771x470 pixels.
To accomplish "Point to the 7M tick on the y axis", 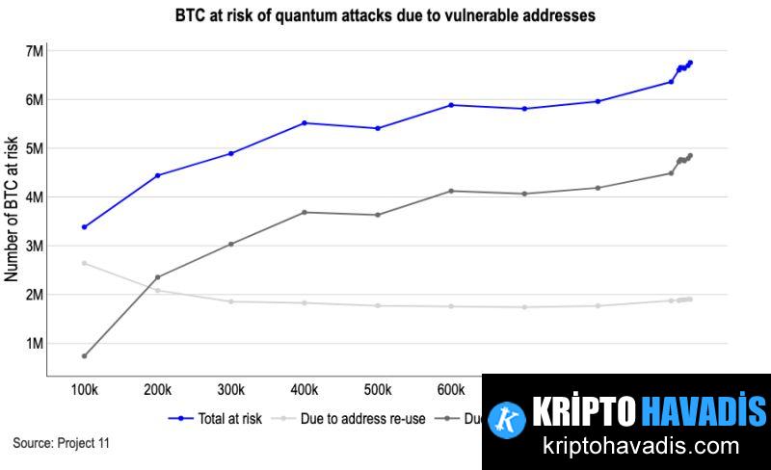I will pos(33,50).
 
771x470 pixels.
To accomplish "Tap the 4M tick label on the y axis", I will pos(33,196).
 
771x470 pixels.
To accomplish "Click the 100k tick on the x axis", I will pos(85,390).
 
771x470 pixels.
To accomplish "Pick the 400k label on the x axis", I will pos(305,390).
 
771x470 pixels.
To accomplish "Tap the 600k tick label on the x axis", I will pos(451,390).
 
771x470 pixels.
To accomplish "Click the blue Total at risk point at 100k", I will pos(85,227).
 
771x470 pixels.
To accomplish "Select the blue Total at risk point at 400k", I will pos(305,122).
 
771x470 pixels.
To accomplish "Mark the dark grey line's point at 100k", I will pos(85,356).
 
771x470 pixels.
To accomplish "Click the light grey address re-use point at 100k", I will pos(85,263).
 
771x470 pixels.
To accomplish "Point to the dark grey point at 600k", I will pos(451,191).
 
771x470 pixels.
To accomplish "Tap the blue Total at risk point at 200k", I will pos(158,175).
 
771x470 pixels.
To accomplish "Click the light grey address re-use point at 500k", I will pos(378,305).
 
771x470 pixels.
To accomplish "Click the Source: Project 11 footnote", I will pos(62,443).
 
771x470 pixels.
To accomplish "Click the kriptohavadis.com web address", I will pos(627,447).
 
